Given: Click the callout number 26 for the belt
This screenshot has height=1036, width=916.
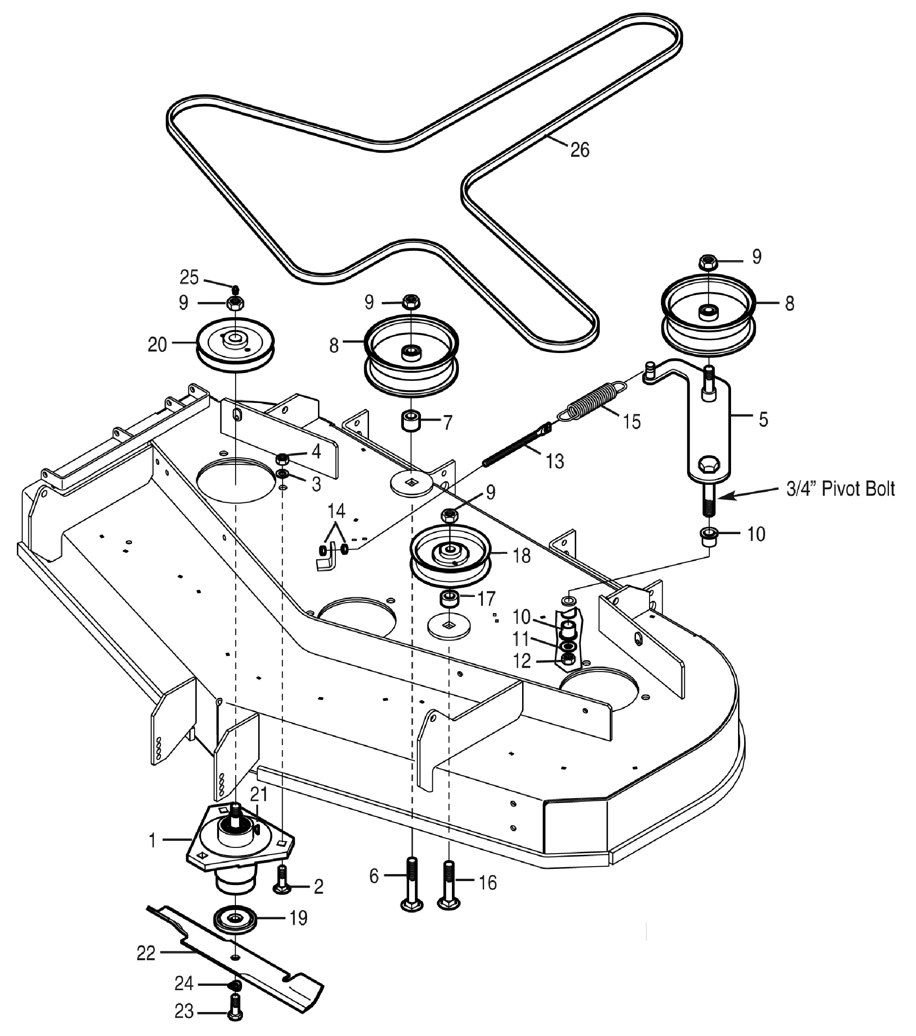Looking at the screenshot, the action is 580,150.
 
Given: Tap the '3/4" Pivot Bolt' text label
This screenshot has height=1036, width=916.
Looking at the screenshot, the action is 841,489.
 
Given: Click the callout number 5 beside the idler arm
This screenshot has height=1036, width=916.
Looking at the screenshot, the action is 763,419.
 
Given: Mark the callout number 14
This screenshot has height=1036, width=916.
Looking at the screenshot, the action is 336,511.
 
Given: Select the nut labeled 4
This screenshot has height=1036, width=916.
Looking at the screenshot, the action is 282,459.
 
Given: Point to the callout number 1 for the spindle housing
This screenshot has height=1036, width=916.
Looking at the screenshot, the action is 152,840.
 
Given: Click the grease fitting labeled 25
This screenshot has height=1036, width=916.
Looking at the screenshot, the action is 235,289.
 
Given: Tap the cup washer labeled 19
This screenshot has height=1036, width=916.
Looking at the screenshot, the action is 236,920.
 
